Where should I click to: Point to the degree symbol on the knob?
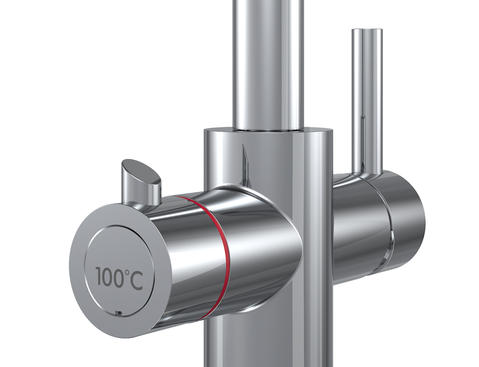tap(128, 272)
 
